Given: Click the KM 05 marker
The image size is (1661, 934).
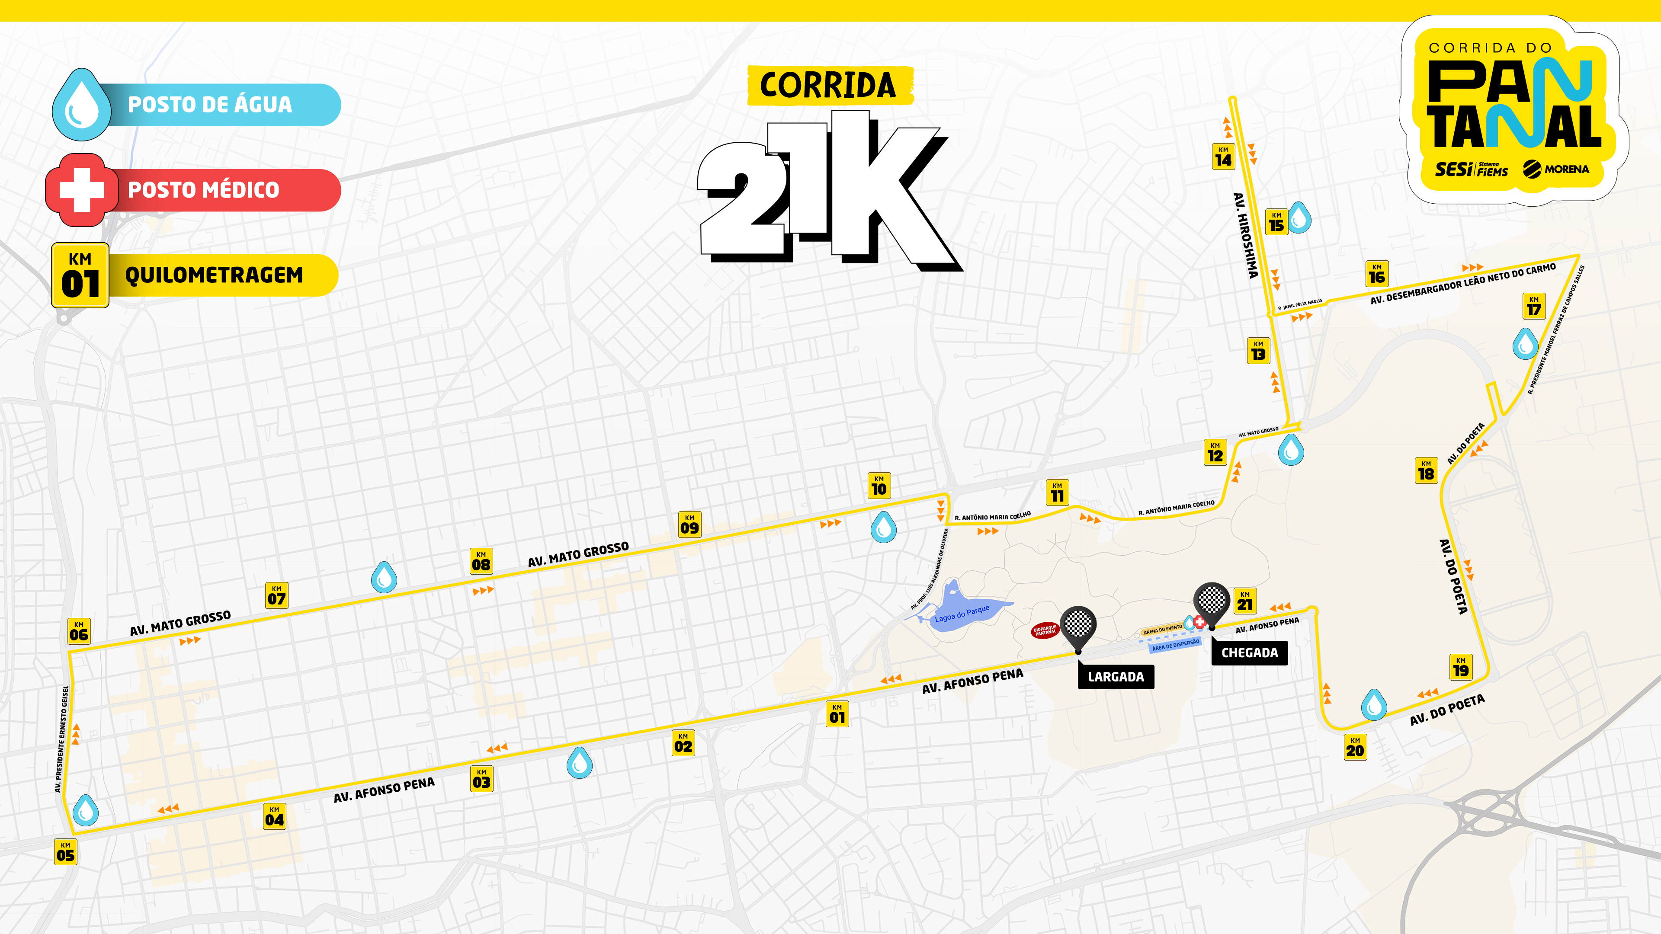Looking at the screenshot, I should coord(65,851).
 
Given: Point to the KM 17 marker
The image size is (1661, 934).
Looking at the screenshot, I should coord(1534,306).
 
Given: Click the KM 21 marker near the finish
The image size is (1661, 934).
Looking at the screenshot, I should coord(1244,601).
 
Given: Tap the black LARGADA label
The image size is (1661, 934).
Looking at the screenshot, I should coord(1116,677).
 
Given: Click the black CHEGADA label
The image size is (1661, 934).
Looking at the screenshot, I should coord(1249,653).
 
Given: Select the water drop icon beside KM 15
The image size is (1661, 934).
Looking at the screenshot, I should coord(1299,218).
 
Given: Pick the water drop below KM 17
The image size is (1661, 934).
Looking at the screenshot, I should coord(1525,344).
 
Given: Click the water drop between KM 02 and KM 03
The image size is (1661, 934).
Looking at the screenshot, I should coord(579,762).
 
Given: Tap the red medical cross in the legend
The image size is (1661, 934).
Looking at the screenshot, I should coord(81,189).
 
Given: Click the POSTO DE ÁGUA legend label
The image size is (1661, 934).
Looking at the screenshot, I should coord(209,104).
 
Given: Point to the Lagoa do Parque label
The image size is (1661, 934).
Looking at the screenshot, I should coord(962,613).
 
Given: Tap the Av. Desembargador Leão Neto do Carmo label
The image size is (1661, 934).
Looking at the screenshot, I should coord(1462,284).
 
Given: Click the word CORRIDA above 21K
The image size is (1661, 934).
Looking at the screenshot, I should coord(828,86).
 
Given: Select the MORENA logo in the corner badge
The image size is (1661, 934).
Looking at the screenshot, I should coord(1555,170).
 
